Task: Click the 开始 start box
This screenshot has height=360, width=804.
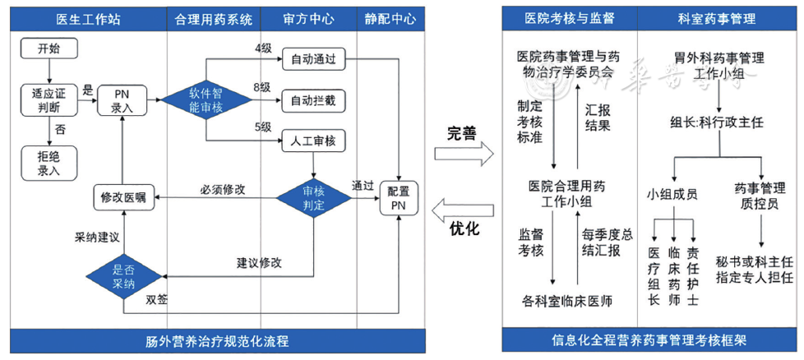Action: coord(49,48)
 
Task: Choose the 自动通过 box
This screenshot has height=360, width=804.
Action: coord(313,59)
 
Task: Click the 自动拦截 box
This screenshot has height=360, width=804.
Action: coord(313,101)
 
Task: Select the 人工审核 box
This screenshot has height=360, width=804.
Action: coord(313,141)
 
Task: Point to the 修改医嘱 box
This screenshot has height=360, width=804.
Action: coord(122,198)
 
